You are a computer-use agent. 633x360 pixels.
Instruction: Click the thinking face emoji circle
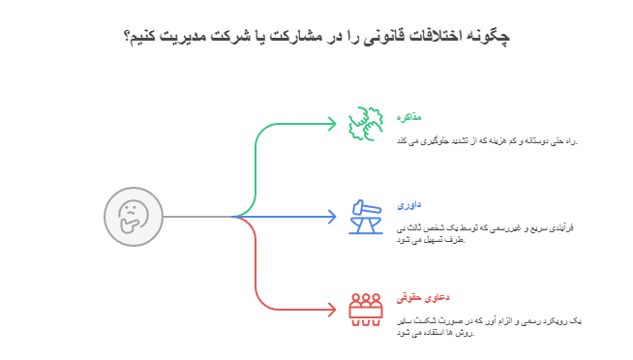point(133,216)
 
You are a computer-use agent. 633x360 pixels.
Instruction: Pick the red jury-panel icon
point(366,308)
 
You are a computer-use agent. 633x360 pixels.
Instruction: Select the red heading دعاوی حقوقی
point(410,297)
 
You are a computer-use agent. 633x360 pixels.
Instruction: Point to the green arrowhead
point(331,124)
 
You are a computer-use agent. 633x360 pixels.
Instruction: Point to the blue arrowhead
point(331,217)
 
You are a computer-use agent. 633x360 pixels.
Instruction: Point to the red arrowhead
point(331,310)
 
